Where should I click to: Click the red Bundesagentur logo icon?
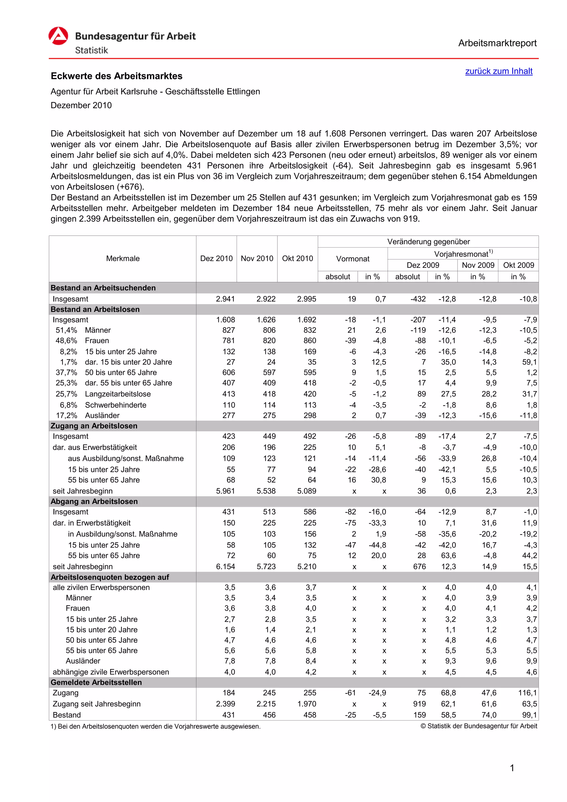pos(58,36)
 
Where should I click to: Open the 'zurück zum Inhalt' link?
pos(499,71)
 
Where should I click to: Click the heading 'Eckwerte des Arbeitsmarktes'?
pos(117,76)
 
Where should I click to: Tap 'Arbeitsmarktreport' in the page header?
pos(497,43)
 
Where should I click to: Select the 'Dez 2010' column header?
pos(216,258)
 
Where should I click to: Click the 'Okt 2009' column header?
pos(519,265)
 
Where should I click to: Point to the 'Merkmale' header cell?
pos(123,258)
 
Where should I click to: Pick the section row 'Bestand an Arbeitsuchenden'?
pos(103,288)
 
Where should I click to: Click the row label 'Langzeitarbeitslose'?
pos(118,394)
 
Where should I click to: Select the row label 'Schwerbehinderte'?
pos(115,405)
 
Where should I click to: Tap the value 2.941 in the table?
pos(225,299)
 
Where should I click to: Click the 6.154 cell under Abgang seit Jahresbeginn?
pos(225,567)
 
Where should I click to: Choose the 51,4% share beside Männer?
pos(66,330)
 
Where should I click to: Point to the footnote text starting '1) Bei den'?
pos(155,727)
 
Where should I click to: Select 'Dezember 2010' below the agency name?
pos(81,106)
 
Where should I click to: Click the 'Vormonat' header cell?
pos(353,259)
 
